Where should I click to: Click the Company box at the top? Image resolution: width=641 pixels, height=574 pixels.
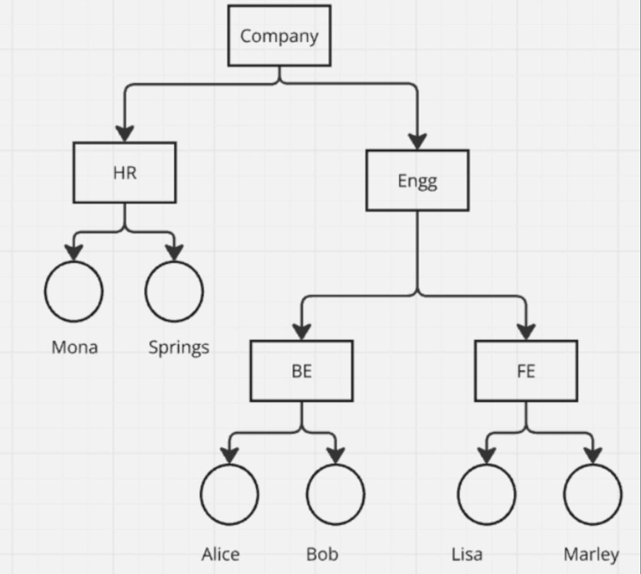279,36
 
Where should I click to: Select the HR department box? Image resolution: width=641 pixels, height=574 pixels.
125,172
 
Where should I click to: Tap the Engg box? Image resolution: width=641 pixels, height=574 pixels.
417,180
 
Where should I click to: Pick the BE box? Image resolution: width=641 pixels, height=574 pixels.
301,371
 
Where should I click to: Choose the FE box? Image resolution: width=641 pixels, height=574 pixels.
526,371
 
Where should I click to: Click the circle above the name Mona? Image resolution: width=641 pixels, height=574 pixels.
74,291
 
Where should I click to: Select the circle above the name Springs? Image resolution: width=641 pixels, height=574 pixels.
174,291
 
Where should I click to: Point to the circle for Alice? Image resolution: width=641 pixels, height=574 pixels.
230,494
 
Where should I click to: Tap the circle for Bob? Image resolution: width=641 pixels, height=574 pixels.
336,494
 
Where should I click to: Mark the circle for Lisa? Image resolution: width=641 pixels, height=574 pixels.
487,494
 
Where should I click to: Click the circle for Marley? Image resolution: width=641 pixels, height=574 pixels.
592,494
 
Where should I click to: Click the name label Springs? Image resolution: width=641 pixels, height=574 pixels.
178,347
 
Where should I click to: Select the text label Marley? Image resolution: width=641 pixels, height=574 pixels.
591,554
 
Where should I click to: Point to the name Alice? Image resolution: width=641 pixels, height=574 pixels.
220,554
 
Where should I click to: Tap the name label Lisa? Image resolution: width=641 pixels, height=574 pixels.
467,554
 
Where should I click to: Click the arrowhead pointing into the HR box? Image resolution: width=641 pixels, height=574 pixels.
125,134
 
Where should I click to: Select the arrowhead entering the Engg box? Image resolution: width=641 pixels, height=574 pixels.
417,141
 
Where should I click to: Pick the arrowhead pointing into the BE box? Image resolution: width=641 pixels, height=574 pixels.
301,332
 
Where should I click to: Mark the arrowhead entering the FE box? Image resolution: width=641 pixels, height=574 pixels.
526,332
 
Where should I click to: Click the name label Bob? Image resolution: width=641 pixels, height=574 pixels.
322,554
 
